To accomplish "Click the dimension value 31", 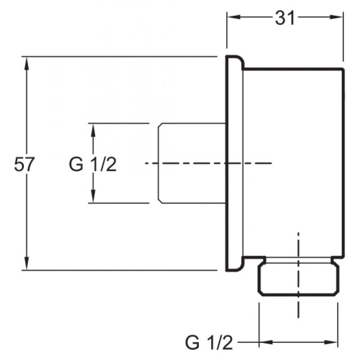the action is coord(285,18).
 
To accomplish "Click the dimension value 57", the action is coord(24,164).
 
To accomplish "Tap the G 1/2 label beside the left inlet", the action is coord(93,164).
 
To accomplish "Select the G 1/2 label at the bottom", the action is coord(209,342).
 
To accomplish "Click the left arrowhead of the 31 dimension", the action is coord(234,17).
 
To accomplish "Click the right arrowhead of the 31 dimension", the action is coord(336,17).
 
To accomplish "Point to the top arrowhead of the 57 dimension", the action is coord(27,63).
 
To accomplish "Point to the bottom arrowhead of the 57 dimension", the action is coord(27,263).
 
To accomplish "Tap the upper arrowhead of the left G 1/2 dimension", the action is coord(93,130).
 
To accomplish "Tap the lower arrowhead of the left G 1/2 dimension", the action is coord(93,196).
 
